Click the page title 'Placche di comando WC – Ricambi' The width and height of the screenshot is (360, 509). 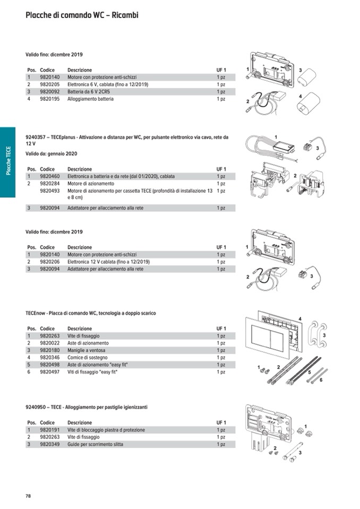(x=82, y=15)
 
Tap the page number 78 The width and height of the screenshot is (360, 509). (x=29, y=496)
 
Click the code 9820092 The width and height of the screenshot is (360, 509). (x=50, y=92)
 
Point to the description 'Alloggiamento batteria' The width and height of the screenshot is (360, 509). (x=90, y=99)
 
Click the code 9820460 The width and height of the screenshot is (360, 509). (x=50, y=176)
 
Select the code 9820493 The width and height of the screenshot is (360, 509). (x=50, y=191)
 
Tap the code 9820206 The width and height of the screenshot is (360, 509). (x=50, y=262)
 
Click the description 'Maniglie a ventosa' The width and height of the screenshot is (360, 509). (x=87, y=350)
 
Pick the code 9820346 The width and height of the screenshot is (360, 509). (x=50, y=358)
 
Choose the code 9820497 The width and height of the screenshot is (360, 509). (x=50, y=372)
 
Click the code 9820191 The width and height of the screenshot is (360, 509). (x=50, y=430)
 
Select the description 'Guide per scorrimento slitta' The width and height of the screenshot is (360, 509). (x=96, y=444)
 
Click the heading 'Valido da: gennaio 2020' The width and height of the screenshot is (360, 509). (x=52, y=154)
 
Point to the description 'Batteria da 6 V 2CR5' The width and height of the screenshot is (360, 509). (x=90, y=92)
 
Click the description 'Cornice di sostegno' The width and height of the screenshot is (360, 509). (x=87, y=358)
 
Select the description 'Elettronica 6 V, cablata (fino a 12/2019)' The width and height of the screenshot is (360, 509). (x=108, y=84)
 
